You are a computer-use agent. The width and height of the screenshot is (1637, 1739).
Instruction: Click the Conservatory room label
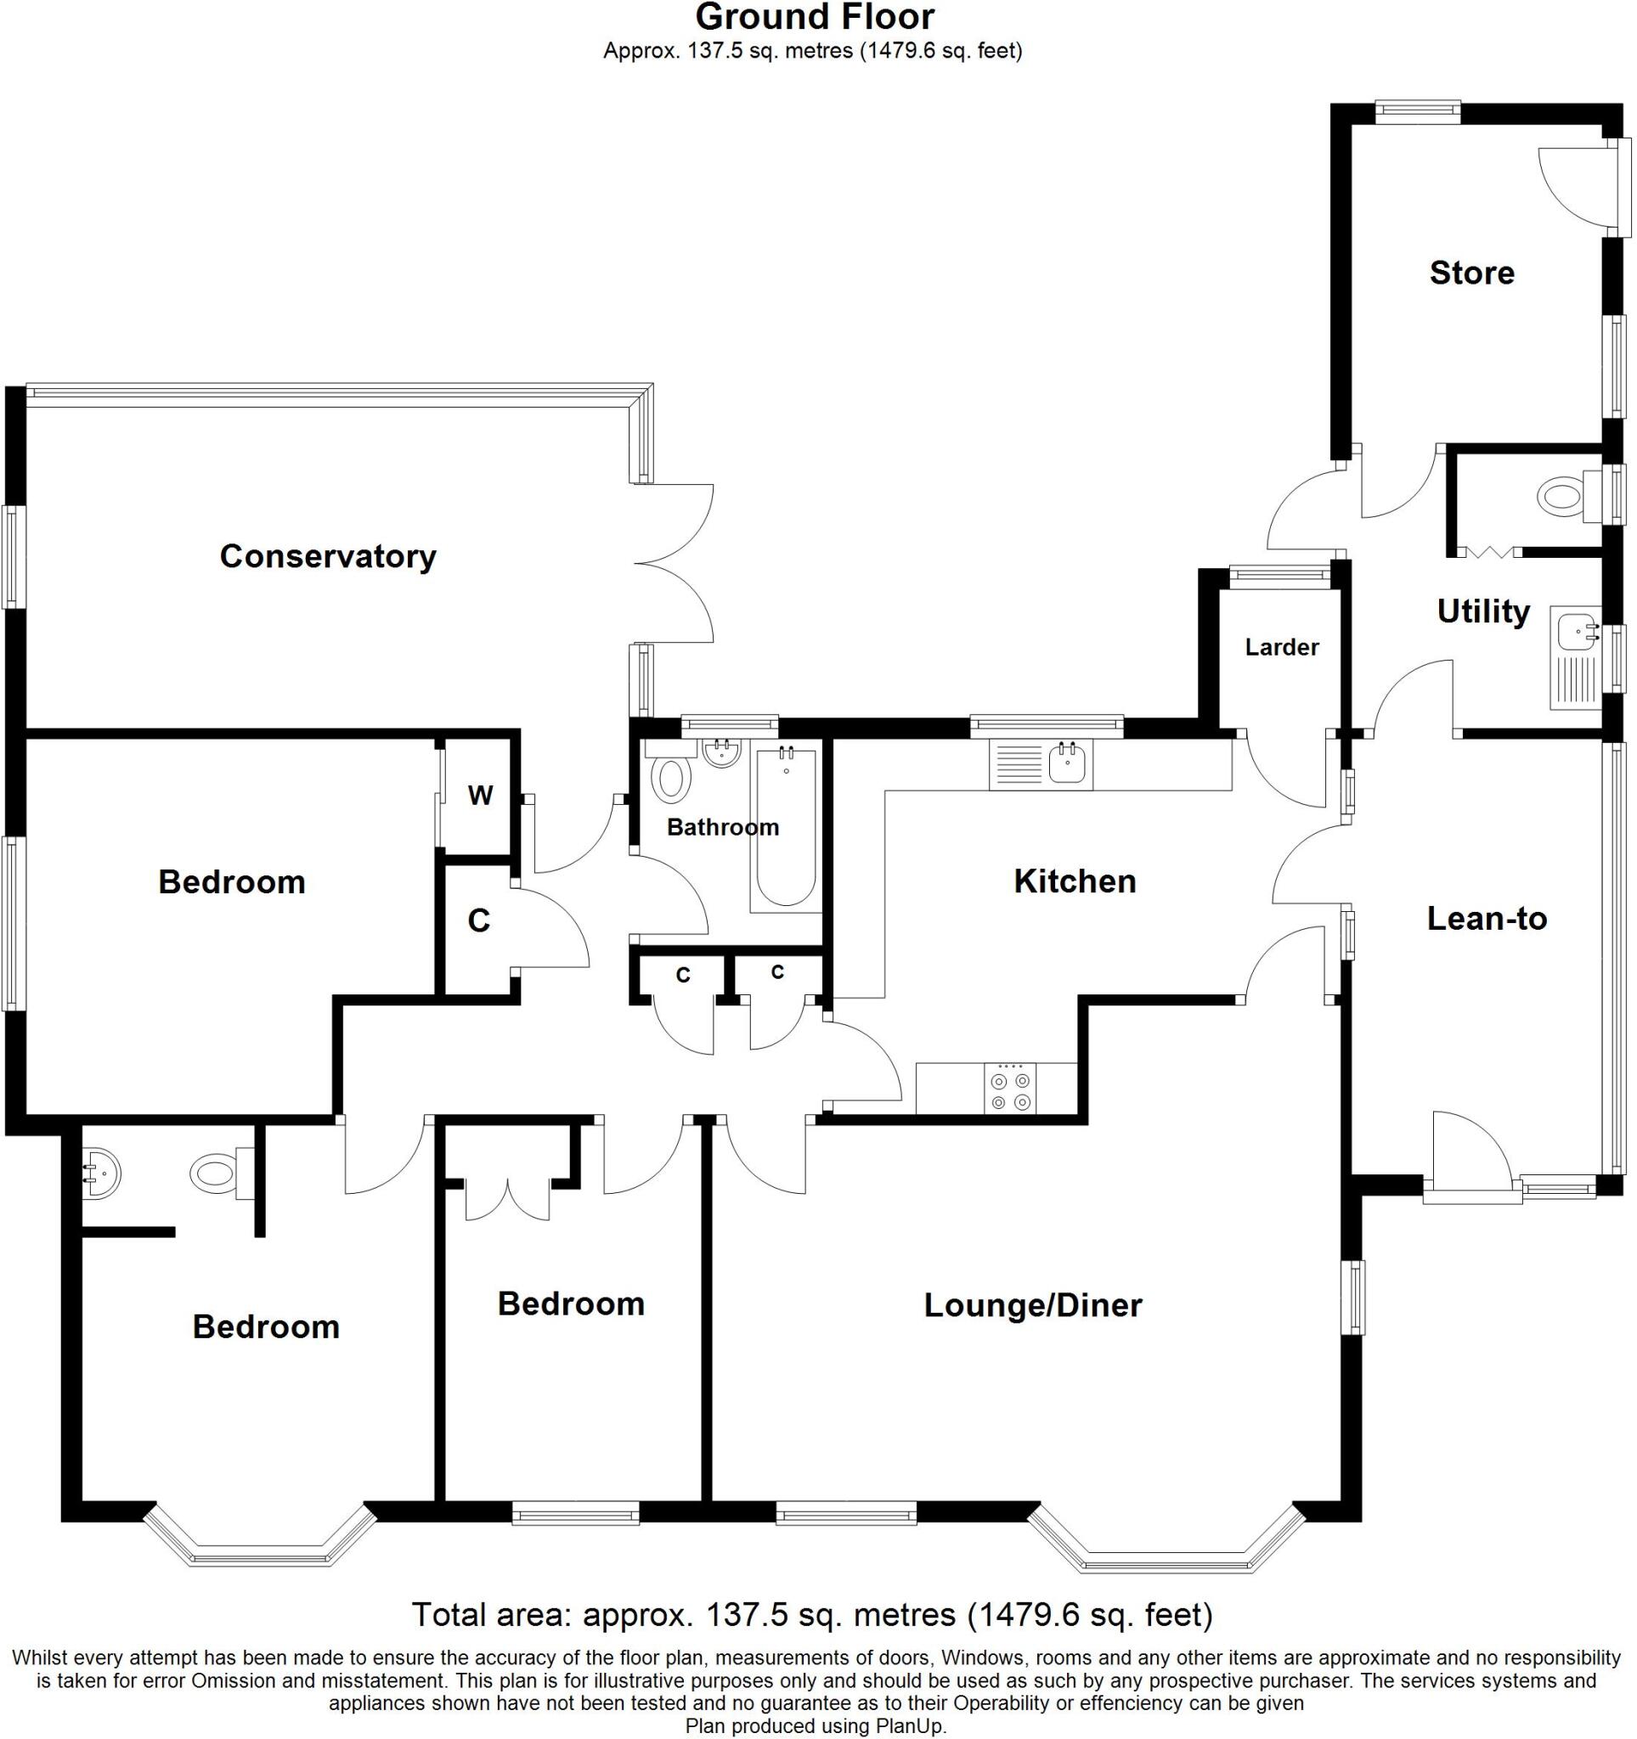[327, 556]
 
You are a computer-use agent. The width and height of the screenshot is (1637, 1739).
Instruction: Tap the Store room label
[1471, 273]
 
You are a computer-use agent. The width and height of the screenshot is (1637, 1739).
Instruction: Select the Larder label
[1282, 647]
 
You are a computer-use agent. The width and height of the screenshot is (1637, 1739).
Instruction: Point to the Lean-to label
[1487, 919]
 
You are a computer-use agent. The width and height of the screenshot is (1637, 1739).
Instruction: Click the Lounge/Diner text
[1032, 1306]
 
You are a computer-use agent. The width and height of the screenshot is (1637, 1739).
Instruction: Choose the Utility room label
[1483, 611]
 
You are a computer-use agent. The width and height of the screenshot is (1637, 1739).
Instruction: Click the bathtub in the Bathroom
[786, 827]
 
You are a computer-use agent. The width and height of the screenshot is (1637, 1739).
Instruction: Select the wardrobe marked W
[479, 795]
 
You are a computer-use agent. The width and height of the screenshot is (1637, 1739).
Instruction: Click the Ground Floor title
[815, 18]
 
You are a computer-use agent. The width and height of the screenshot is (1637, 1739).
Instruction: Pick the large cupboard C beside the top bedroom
[478, 921]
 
